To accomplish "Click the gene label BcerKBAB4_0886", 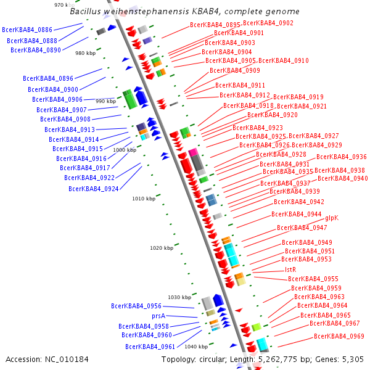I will pyautogui.click(x=27, y=30).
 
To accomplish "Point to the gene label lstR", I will pyautogui.click(x=290, y=269).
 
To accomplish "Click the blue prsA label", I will pyautogui.click(x=158, y=316).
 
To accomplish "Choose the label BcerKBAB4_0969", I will pyautogui.click(x=339, y=336).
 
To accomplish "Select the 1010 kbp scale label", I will pyautogui.click(x=144, y=199).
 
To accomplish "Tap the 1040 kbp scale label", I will pyautogui.click(x=196, y=347).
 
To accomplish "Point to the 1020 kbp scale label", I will pyautogui.click(x=162, y=248).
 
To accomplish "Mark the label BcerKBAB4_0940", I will pyautogui.click(x=342, y=179).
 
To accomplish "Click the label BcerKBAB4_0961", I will pyautogui.click(x=150, y=347).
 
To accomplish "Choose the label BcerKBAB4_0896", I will pyautogui.click(x=48, y=78).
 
